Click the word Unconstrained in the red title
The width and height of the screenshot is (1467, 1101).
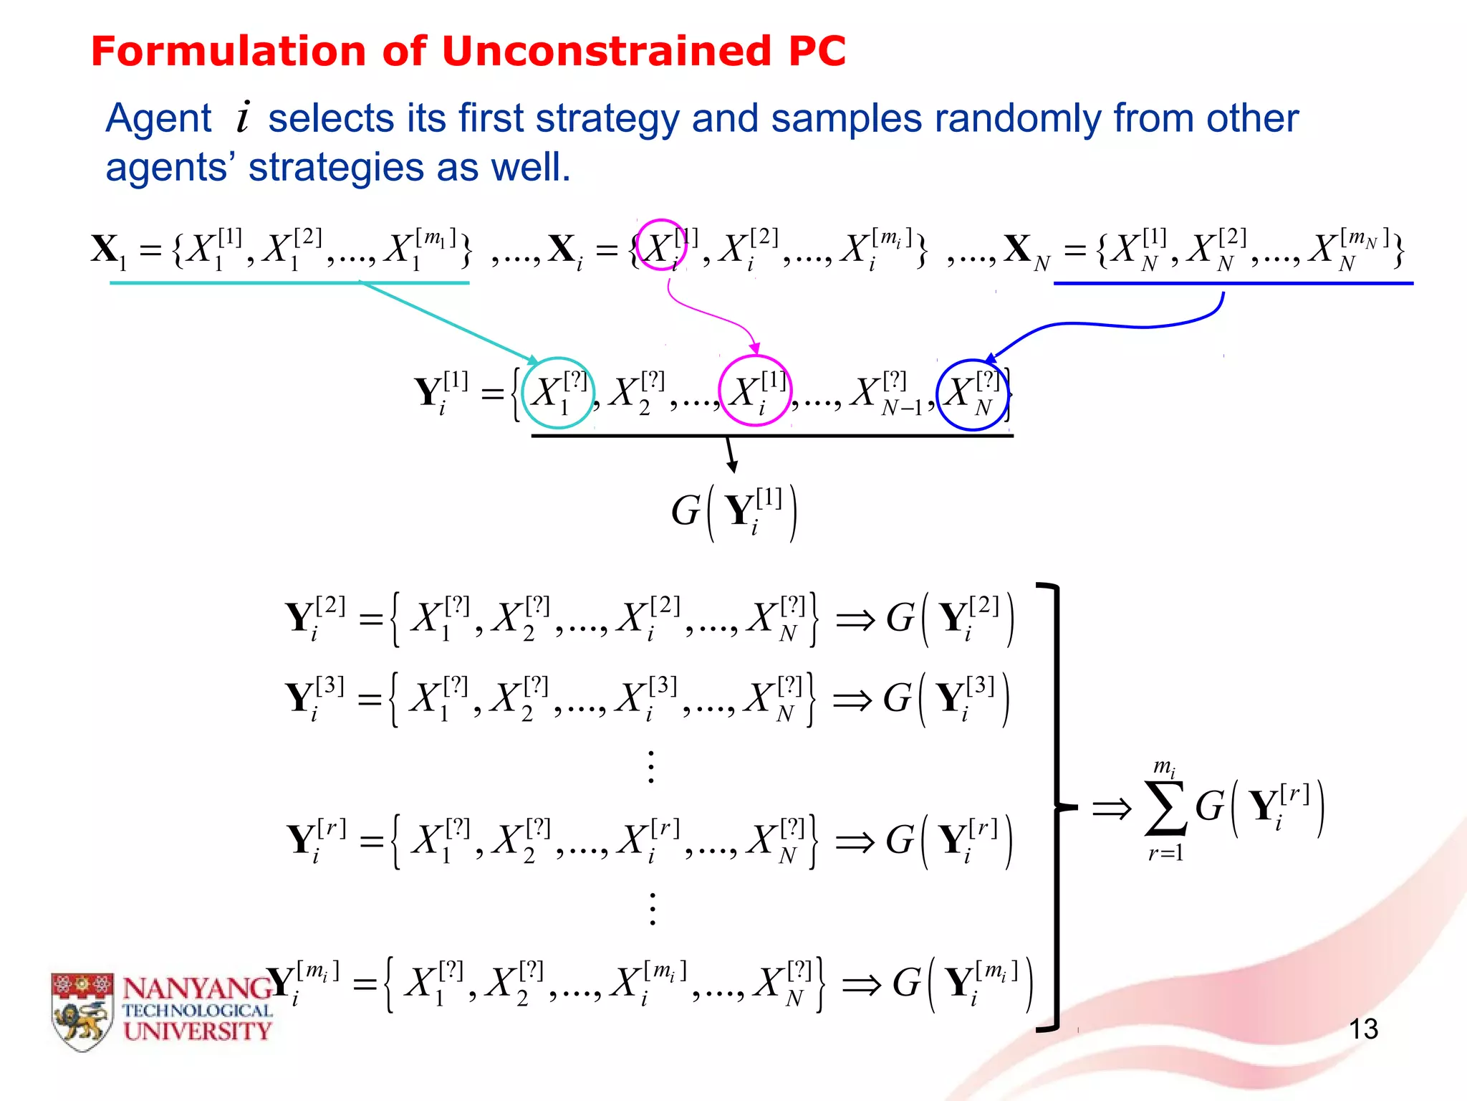(606, 52)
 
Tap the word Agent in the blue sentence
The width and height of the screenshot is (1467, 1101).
(158, 118)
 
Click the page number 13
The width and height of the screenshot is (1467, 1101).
(1363, 1029)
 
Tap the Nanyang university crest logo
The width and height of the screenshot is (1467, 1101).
(82, 1011)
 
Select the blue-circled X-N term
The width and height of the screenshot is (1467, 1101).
(973, 395)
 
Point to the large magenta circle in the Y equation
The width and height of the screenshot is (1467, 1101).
(754, 391)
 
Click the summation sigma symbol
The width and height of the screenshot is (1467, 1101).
(1165, 809)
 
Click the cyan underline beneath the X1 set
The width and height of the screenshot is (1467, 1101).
(289, 283)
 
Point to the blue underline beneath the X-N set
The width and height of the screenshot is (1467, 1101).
(1233, 284)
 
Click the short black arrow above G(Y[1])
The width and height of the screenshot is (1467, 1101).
(731, 454)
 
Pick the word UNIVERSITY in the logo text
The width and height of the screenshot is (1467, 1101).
(198, 1031)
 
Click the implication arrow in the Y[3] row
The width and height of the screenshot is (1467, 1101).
(852, 700)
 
